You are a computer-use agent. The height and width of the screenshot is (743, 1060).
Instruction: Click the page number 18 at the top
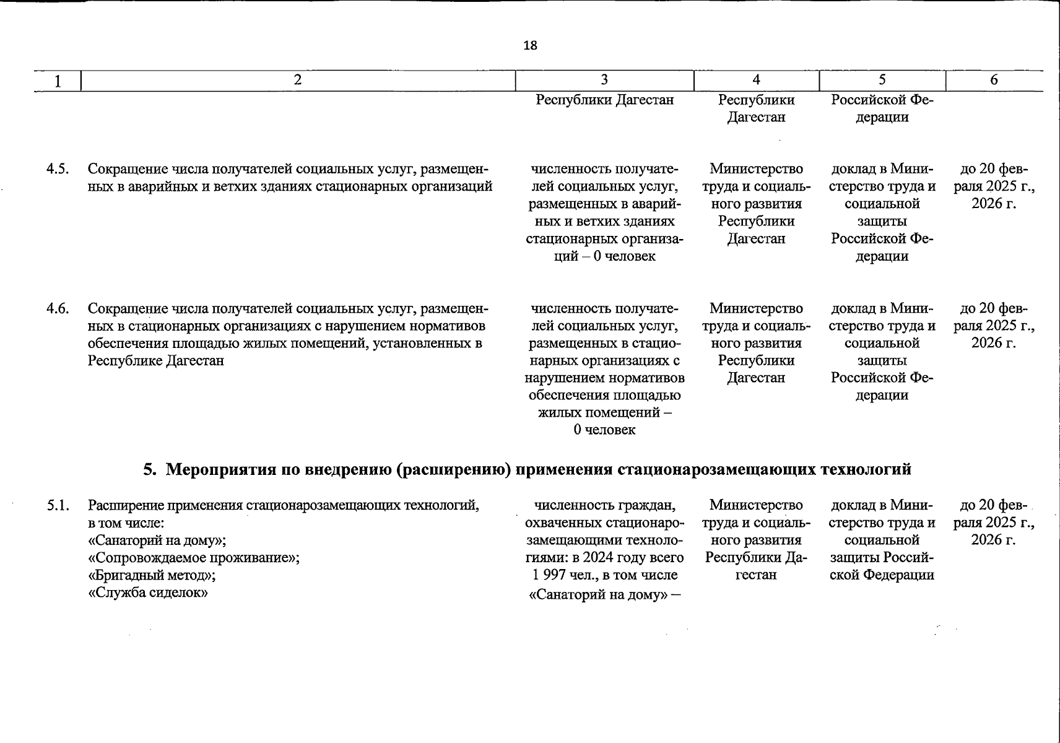coord(530,45)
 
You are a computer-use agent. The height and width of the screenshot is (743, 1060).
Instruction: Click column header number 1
coord(58,81)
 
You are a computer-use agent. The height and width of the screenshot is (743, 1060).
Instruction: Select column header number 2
coord(298,80)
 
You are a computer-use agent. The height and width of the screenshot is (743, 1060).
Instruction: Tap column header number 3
coord(604,80)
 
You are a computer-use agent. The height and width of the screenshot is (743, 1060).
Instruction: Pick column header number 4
coord(756,80)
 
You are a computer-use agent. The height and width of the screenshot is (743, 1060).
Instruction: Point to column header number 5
coord(882,80)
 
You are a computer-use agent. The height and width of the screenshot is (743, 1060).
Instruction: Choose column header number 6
coord(994,80)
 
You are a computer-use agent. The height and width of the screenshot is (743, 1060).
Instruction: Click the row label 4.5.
coord(58,169)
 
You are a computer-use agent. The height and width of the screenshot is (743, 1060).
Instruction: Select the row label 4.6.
coord(58,308)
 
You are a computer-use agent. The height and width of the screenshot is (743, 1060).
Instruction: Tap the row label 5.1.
coord(58,505)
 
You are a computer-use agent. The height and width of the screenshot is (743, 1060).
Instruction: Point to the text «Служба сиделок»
coord(147,593)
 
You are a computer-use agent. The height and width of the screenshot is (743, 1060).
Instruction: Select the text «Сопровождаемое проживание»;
coord(194,558)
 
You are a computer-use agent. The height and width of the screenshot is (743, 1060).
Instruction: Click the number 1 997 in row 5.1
coord(549,575)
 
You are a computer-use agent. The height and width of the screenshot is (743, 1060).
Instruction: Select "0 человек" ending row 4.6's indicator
coord(604,430)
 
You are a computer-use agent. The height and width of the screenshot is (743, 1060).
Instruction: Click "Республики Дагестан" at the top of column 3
coord(604,100)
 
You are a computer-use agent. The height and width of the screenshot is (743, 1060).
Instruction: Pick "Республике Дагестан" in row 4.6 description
coord(155,360)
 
